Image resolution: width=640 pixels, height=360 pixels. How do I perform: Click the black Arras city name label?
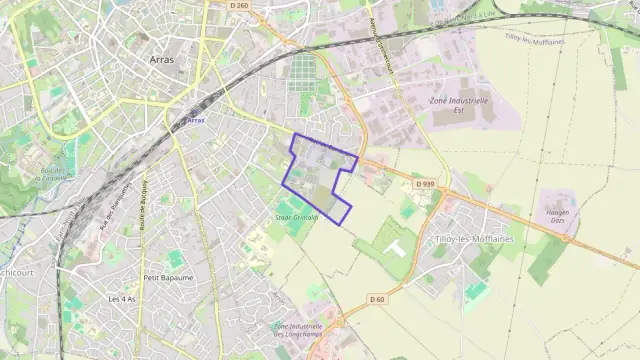[x=161, y=60]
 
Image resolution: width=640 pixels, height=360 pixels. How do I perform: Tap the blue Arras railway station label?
[x=195, y=120]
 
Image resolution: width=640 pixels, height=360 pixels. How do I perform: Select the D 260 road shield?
[x=238, y=5]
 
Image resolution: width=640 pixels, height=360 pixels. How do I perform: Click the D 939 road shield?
[x=424, y=184]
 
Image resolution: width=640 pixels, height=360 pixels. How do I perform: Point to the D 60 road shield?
[x=377, y=299]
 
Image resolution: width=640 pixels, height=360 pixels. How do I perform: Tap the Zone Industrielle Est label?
[x=458, y=105]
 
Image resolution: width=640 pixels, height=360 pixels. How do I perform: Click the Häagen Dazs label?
[x=558, y=216]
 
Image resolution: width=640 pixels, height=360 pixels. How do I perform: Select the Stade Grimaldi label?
[x=296, y=216]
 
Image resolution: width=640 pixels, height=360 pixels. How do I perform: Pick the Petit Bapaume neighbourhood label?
[x=168, y=277]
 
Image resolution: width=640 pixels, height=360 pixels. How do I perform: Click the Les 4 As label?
[x=122, y=299]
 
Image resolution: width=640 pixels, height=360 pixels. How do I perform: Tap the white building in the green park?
[x=393, y=246]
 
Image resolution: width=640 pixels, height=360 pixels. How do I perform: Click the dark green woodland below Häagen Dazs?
[x=546, y=259]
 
